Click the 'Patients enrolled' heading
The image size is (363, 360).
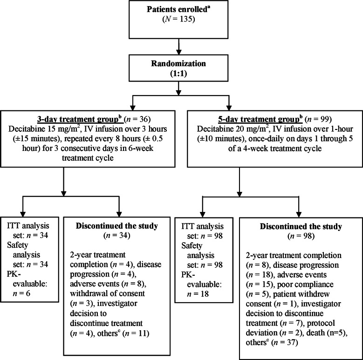click(x=180, y=9)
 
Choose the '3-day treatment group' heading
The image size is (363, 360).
click(x=74, y=115)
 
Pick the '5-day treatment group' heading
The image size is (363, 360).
click(x=249, y=115)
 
